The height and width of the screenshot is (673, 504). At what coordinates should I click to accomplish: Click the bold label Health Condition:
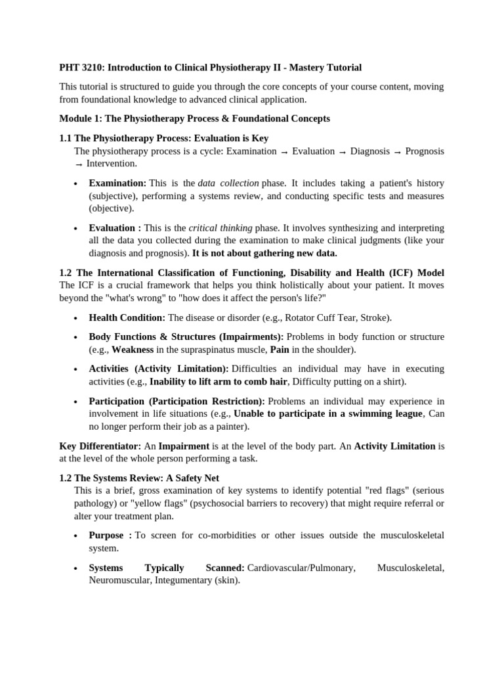point(127,317)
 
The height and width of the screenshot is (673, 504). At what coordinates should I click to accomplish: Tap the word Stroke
point(373,317)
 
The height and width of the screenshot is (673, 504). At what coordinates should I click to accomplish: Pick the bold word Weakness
point(133,350)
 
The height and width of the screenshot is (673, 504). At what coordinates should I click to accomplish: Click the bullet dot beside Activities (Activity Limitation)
point(76,369)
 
